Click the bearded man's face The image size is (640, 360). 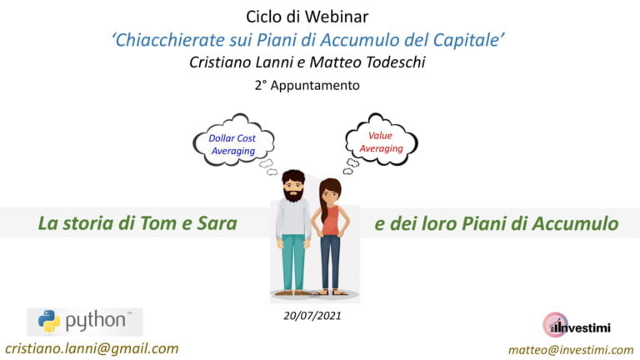point(292,186)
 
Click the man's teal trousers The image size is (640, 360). point(292,261)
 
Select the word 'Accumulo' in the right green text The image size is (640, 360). point(575,223)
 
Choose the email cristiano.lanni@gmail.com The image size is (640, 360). point(92,348)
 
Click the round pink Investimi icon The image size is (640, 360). point(552,324)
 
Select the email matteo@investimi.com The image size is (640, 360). point(571,350)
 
